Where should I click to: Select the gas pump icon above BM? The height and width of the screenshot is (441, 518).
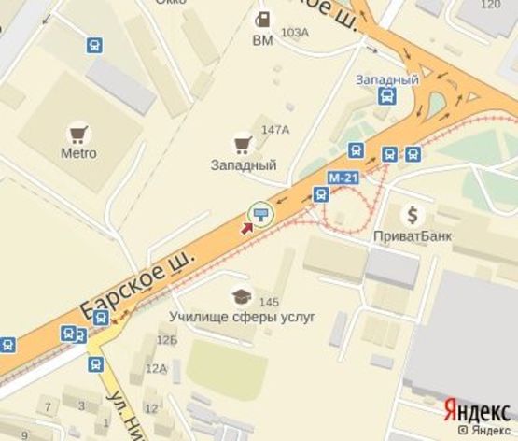click(x=264, y=20)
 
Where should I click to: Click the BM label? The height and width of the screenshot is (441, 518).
click(x=263, y=40)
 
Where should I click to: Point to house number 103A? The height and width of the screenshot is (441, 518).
click(x=294, y=33)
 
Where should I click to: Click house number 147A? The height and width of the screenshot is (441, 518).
click(x=275, y=129)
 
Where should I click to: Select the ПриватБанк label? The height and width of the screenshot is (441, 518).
click(x=412, y=235)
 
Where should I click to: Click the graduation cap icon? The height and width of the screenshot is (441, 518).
click(x=243, y=296)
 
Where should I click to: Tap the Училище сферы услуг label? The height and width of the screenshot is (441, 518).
click(x=243, y=317)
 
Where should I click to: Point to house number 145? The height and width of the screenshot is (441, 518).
click(x=270, y=302)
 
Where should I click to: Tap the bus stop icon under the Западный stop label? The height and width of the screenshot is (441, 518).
click(x=386, y=95)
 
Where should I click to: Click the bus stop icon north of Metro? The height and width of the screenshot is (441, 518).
click(x=94, y=45)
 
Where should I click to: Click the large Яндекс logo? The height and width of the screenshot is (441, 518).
click(x=476, y=410)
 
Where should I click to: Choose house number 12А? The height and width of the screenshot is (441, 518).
click(x=155, y=368)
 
